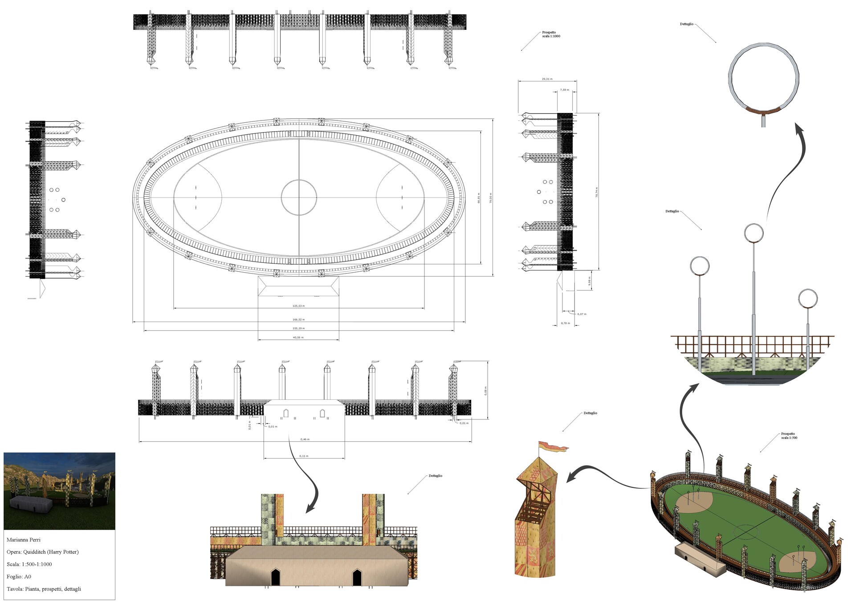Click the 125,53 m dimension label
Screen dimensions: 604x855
tap(298, 306)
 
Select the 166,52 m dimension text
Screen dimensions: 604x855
tap(298, 319)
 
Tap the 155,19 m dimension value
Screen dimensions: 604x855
tap(298, 328)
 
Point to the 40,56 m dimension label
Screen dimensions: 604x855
tap(298, 338)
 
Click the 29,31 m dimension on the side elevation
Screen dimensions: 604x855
tap(547, 79)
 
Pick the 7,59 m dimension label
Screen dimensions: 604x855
tap(564, 90)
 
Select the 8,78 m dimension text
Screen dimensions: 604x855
tap(565, 323)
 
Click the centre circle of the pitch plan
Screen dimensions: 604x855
tap(299, 197)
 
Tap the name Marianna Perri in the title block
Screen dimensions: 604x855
tap(24, 540)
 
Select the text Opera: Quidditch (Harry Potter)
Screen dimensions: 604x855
tap(43, 552)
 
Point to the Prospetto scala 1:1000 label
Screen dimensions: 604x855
tap(551, 34)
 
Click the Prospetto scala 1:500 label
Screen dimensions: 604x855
tap(789, 436)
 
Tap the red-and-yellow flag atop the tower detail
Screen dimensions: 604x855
tap(553, 447)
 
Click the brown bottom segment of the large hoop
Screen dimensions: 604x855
tap(763, 111)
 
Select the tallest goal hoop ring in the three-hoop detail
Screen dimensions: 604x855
tap(753, 233)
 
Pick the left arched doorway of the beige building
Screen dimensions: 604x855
tap(276, 577)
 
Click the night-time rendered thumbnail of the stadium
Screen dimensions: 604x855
tap(59, 491)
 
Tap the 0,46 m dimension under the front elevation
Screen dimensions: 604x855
tap(305, 439)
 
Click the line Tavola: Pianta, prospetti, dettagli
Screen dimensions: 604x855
tap(44, 589)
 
